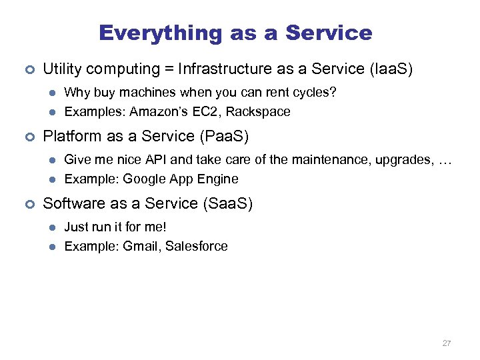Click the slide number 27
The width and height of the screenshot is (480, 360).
pyautogui.click(x=447, y=343)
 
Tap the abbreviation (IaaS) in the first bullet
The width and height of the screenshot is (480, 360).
pyautogui.click(x=387, y=69)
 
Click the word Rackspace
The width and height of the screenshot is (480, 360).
pyautogui.click(x=260, y=112)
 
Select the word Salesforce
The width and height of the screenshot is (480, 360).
pyautogui.click(x=197, y=246)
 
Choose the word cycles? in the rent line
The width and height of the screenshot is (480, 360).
pyautogui.click(x=315, y=92)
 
